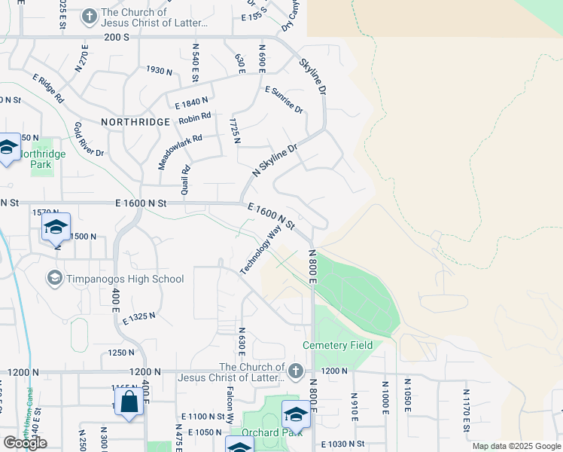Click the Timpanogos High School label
coord(124,279)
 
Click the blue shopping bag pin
coord(129,402)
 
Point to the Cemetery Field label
coord(338,345)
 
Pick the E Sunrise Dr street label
coord(284,99)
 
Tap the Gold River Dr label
coord(89,139)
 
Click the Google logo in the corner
coord(25,443)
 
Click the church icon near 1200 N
coord(295,371)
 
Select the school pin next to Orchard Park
coord(295,415)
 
